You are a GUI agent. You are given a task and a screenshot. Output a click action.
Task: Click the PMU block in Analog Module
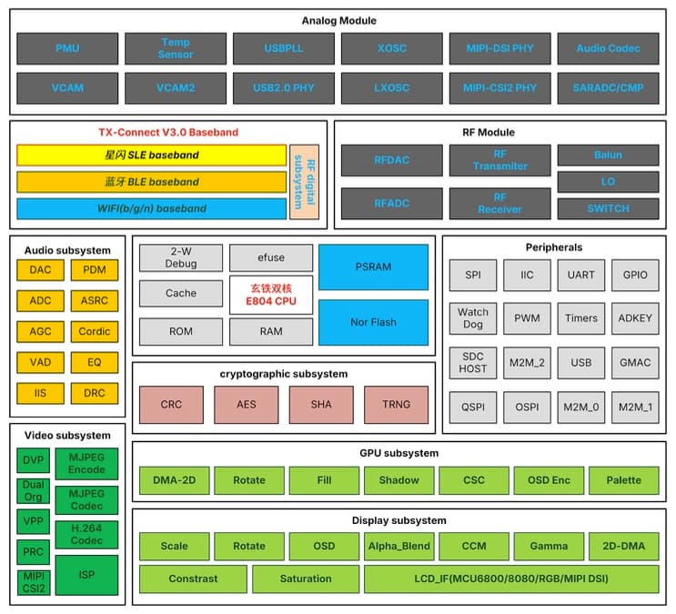[x=67, y=48]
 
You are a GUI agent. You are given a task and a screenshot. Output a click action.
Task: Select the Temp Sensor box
[x=176, y=48]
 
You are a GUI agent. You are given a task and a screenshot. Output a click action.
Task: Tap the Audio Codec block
[x=608, y=48]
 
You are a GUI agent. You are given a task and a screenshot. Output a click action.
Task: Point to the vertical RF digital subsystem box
[x=304, y=181]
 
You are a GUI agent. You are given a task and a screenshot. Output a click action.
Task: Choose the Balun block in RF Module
[x=608, y=155]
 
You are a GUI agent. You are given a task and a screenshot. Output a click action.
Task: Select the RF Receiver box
[x=499, y=203]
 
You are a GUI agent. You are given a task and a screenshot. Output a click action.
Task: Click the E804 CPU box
[x=271, y=295]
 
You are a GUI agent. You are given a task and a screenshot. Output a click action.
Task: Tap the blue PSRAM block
[x=373, y=267]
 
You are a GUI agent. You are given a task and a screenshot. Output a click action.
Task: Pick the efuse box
[x=271, y=257]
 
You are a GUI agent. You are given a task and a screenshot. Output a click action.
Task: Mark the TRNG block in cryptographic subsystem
[x=396, y=404]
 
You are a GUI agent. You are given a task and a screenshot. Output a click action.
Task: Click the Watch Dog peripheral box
[x=473, y=318]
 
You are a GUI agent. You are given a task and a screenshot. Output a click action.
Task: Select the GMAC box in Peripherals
[x=635, y=362]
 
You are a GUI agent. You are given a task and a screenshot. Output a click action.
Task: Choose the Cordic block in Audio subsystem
[x=95, y=331]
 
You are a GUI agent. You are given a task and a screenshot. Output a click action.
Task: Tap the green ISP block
[x=86, y=574]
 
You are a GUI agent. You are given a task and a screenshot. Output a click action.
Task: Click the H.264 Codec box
[x=86, y=534]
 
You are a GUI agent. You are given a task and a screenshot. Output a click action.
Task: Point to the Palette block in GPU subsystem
[x=623, y=479]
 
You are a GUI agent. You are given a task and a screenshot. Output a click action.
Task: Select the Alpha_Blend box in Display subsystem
[x=399, y=546]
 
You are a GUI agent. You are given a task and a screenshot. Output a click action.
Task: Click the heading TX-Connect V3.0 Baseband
[x=168, y=132]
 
